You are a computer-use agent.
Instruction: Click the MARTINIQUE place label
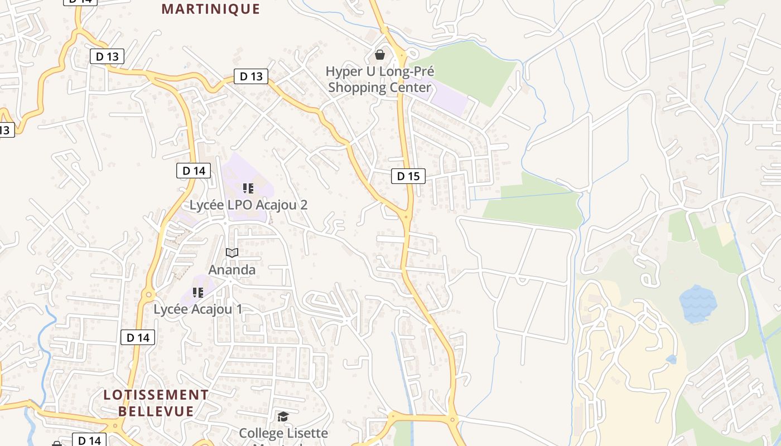(x=211, y=9)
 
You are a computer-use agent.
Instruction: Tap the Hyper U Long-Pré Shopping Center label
(x=380, y=79)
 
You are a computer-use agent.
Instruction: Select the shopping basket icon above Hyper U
(x=380, y=54)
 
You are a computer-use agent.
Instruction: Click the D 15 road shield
(x=408, y=176)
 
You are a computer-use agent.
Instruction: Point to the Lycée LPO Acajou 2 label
(x=248, y=205)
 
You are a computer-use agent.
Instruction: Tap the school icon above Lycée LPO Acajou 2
(x=248, y=188)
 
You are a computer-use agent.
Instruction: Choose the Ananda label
(x=232, y=270)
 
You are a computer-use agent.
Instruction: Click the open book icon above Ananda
(x=232, y=253)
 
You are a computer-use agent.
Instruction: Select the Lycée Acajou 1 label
(x=198, y=309)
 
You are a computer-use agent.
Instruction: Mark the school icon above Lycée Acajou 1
(x=197, y=292)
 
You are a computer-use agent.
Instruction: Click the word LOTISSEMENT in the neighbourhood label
(x=156, y=395)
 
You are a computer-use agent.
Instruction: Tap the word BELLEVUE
(x=156, y=411)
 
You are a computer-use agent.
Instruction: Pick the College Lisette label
(x=283, y=433)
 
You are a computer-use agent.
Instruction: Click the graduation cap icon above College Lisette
(x=283, y=416)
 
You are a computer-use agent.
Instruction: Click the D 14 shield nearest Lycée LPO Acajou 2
(x=194, y=171)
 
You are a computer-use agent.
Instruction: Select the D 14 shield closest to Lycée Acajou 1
(x=138, y=337)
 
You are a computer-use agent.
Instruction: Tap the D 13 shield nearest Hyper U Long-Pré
(x=251, y=76)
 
